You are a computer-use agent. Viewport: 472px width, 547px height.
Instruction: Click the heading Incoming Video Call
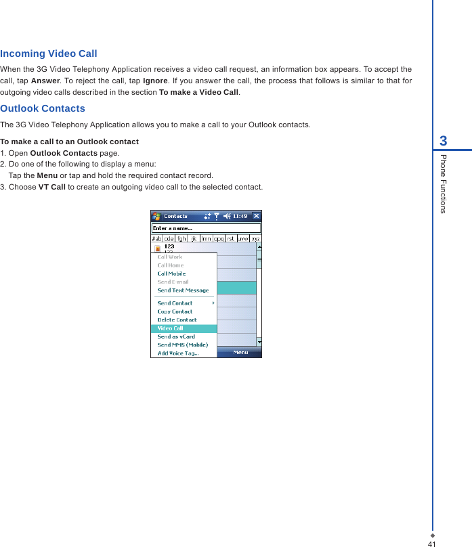(49, 53)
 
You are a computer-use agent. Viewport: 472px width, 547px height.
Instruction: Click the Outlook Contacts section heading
(43, 108)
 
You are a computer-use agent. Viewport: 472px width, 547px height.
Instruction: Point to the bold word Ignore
(155, 81)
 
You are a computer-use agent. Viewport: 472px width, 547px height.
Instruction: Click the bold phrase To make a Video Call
(198, 92)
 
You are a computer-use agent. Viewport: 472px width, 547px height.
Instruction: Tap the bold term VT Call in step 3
(51, 187)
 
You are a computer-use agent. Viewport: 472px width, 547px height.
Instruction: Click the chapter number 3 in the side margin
(443, 141)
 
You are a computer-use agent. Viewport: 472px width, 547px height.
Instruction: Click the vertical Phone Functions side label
(443, 183)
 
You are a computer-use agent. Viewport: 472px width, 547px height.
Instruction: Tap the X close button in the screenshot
(256, 216)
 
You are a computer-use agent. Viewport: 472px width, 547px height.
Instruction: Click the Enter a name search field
(205, 228)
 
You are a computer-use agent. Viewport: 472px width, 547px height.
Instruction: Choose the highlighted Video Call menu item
(171, 328)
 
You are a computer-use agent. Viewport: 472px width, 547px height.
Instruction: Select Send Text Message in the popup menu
(183, 290)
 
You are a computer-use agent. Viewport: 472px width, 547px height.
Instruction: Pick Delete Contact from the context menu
(177, 320)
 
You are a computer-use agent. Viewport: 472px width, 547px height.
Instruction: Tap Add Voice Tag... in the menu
(178, 353)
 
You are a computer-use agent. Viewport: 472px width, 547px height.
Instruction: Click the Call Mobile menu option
(171, 273)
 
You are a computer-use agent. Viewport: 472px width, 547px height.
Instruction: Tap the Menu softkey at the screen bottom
(240, 352)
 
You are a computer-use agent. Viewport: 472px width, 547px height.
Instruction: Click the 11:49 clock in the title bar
(240, 216)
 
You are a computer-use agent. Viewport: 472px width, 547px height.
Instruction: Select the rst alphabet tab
(231, 238)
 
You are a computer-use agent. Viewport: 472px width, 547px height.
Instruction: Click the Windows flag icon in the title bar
(156, 216)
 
